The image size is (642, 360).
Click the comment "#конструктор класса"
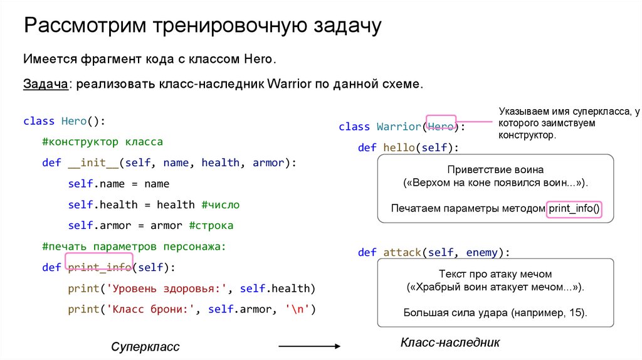click(x=102, y=142)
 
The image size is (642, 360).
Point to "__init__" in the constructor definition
click(x=93, y=162)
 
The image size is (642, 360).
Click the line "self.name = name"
click(x=118, y=184)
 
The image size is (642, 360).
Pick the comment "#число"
click(x=220, y=204)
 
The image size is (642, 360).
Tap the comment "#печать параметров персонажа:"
click(x=133, y=246)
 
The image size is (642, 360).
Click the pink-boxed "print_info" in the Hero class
click(x=99, y=268)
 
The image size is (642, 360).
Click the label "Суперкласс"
click(x=145, y=347)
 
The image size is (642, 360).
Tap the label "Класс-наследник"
click(x=450, y=342)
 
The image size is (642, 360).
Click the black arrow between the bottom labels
click(x=308, y=346)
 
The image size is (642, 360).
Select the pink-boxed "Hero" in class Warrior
click(x=441, y=126)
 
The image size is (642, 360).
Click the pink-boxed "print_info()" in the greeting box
click(x=574, y=208)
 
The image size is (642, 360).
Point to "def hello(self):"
click(x=408, y=147)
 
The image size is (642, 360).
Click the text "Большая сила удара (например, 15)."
click(x=495, y=312)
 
